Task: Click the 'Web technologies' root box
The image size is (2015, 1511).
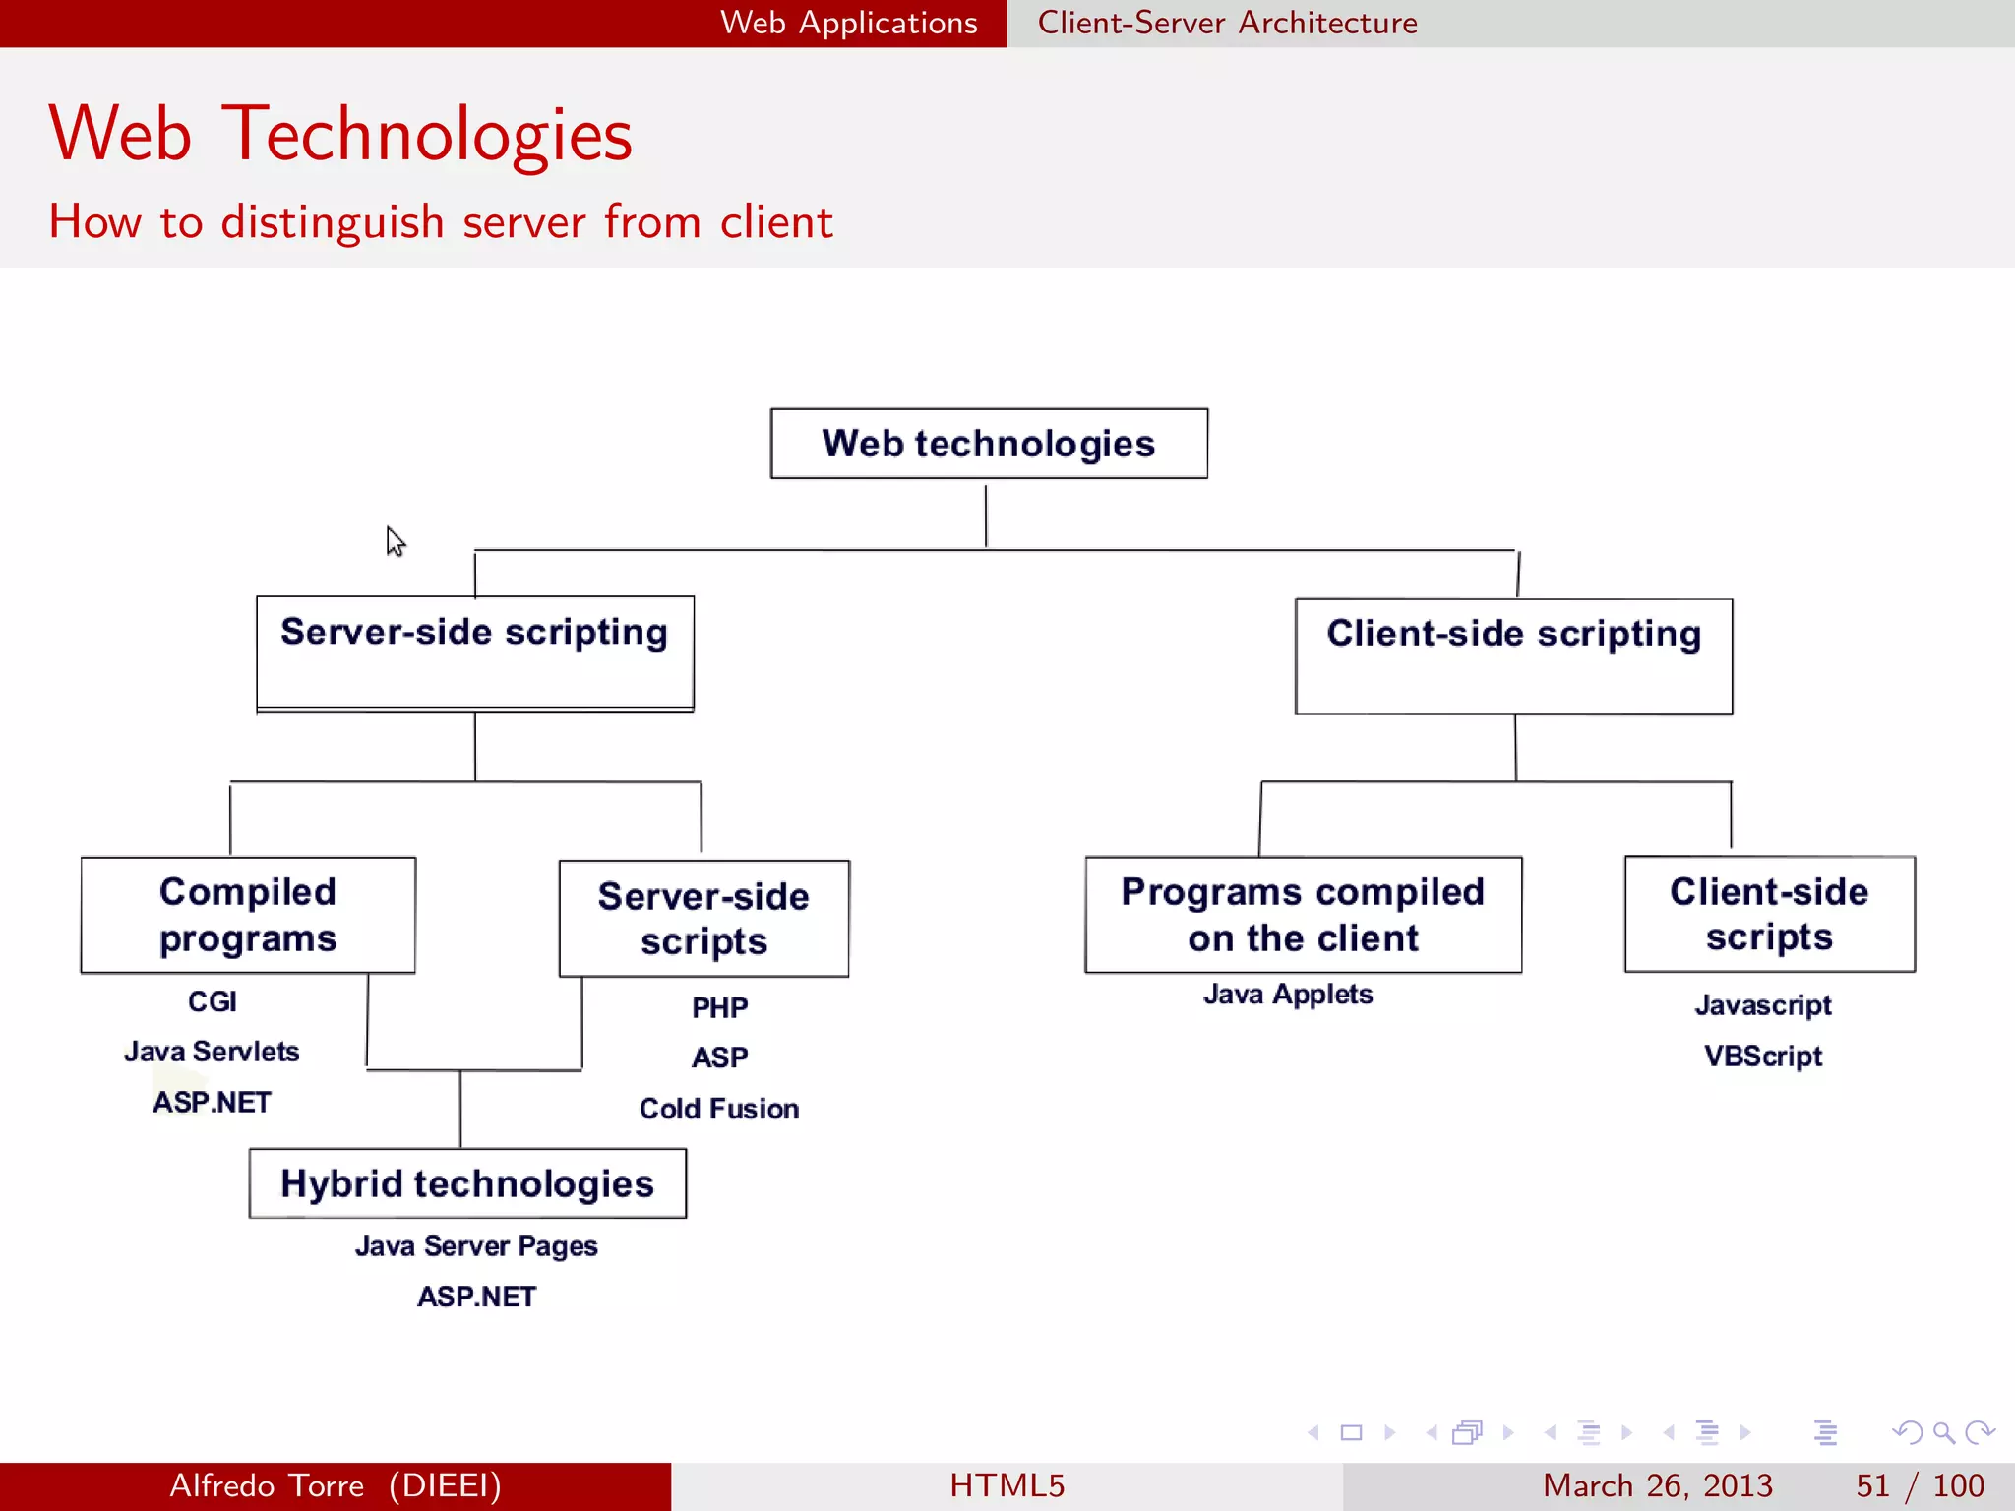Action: pyautogui.click(x=989, y=444)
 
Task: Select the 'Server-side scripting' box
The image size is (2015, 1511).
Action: pyautogui.click(x=475, y=652)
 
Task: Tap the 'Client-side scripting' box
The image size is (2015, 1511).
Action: pyautogui.click(x=1513, y=656)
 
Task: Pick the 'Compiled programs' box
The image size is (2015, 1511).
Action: pyautogui.click(x=248, y=915)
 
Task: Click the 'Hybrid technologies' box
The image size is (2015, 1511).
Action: pyautogui.click(x=467, y=1183)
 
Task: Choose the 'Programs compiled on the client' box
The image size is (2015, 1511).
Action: pyautogui.click(x=1303, y=915)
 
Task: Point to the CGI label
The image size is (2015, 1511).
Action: pyautogui.click(x=213, y=1001)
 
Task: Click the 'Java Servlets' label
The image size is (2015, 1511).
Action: pyautogui.click(x=212, y=1052)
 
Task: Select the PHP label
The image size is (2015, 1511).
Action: pyautogui.click(x=719, y=1007)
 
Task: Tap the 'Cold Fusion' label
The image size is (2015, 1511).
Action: pyautogui.click(x=719, y=1109)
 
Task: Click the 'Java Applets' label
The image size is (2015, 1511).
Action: pyautogui.click(x=1288, y=995)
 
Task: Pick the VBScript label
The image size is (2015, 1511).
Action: pyautogui.click(x=1763, y=1057)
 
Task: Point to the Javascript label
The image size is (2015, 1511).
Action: pyautogui.click(x=1763, y=1005)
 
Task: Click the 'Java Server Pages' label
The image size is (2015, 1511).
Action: pyautogui.click(x=476, y=1246)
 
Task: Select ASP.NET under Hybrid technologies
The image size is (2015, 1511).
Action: pyautogui.click(x=476, y=1297)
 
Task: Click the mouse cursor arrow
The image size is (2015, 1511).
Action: pyautogui.click(x=395, y=541)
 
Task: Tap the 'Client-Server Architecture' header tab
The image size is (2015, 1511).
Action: pyautogui.click(x=1227, y=23)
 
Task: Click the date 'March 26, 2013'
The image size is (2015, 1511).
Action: pyautogui.click(x=1657, y=1485)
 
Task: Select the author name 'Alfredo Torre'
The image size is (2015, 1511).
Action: pyautogui.click(x=267, y=1485)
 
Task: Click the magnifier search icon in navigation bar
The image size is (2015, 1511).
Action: pyautogui.click(x=1943, y=1432)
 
